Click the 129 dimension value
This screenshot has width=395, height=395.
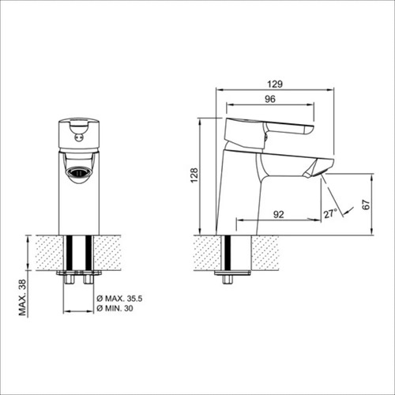pyautogui.click(x=275, y=84)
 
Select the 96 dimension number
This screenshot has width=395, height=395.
pyautogui.click(x=270, y=99)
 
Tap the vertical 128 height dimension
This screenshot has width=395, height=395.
pyautogui.click(x=194, y=175)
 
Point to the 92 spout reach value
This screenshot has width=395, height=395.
pyautogui.click(x=279, y=214)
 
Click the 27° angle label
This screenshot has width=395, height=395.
pyautogui.click(x=330, y=213)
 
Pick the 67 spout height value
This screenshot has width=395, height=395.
pyautogui.click(x=366, y=205)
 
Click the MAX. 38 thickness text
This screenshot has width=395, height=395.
pyautogui.click(x=23, y=297)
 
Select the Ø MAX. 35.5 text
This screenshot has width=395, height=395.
pyautogui.click(x=119, y=299)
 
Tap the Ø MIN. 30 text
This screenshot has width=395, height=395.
pyautogui.click(x=115, y=308)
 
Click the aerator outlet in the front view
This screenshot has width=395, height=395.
pyautogui.click(x=79, y=173)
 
